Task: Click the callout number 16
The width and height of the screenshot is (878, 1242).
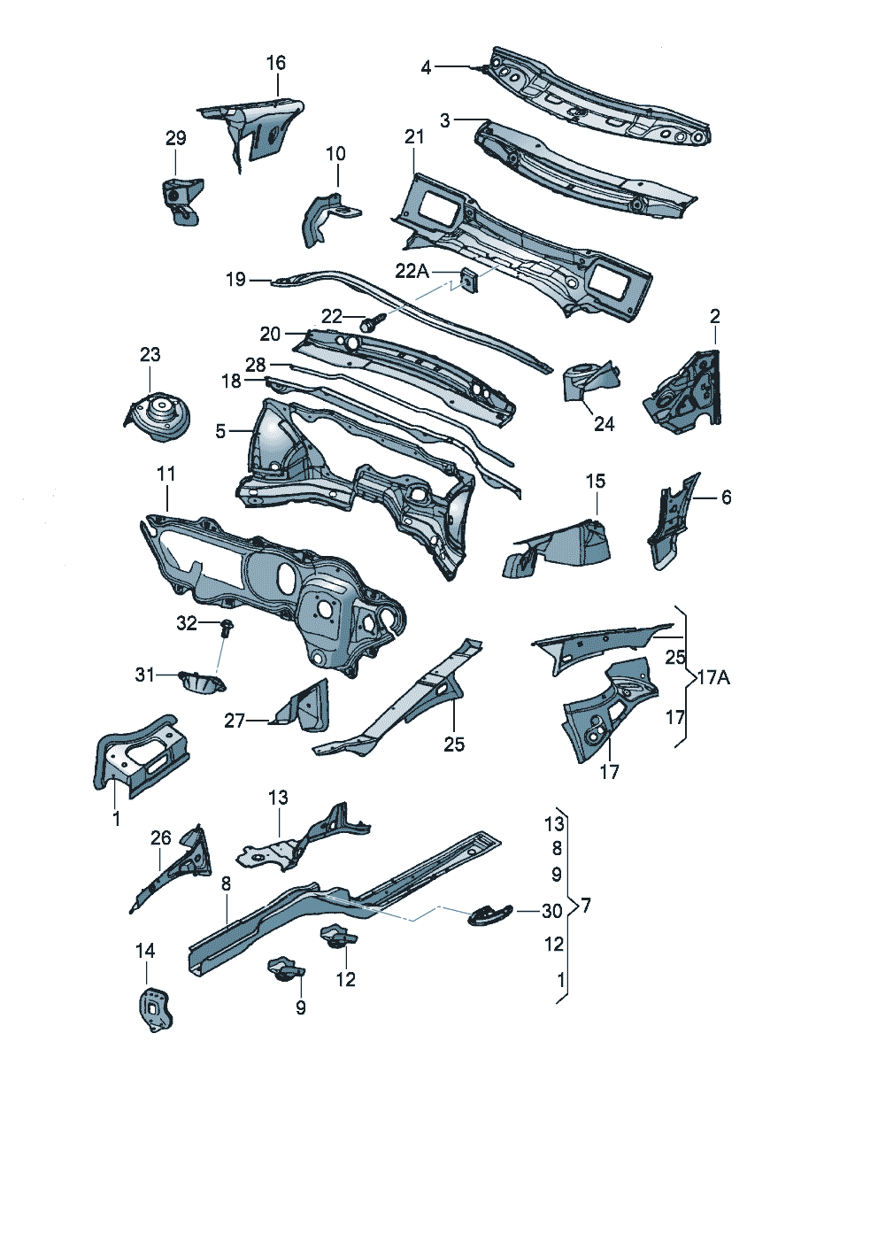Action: click(276, 63)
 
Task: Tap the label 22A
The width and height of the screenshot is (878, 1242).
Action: click(412, 271)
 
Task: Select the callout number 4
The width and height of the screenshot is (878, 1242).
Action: click(426, 67)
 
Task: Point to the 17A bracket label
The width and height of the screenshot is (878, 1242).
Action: click(714, 677)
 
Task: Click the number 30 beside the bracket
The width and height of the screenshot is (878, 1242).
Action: click(552, 911)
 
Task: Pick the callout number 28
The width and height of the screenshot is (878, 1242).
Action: click(256, 365)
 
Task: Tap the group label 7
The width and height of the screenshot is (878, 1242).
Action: click(587, 906)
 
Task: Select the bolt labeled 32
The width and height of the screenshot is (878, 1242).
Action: click(227, 627)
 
